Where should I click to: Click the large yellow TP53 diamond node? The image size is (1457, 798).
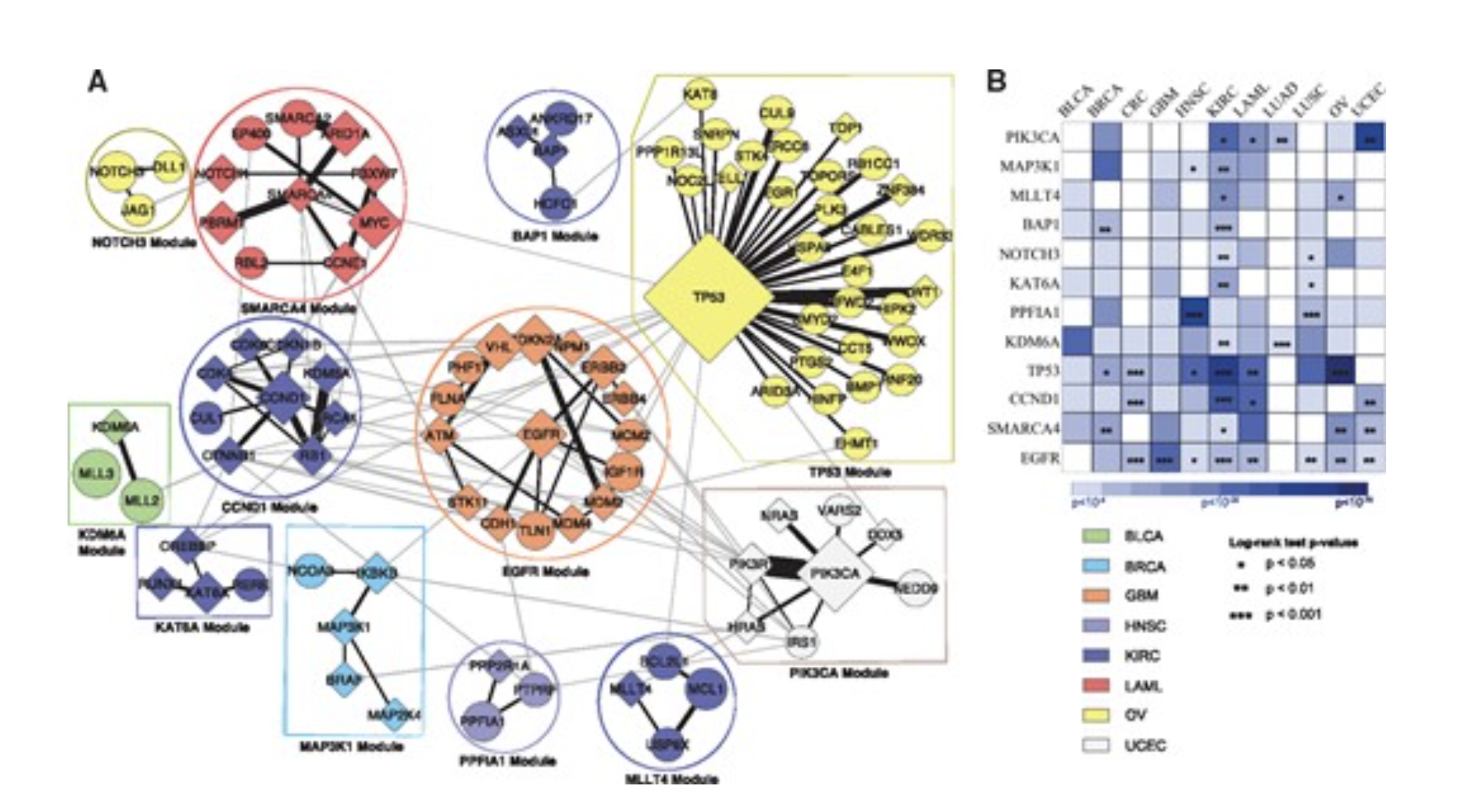(708, 298)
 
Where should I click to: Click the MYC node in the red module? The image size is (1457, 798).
(374, 223)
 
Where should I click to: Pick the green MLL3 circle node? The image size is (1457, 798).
(95, 473)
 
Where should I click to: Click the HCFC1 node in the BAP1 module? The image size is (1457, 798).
(555, 203)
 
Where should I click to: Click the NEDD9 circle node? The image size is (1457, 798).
(916, 589)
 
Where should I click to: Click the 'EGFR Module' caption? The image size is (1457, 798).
(545, 571)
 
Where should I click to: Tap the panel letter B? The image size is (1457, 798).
(996, 82)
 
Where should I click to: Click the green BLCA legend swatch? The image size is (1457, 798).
(1096, 536)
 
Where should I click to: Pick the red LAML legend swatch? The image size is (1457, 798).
(1096, 685)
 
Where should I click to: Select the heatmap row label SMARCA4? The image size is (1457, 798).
(1023, 429)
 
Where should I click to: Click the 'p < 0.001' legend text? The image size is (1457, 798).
(1293, 615)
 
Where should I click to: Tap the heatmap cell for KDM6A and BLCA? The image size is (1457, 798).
(1077, 341)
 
